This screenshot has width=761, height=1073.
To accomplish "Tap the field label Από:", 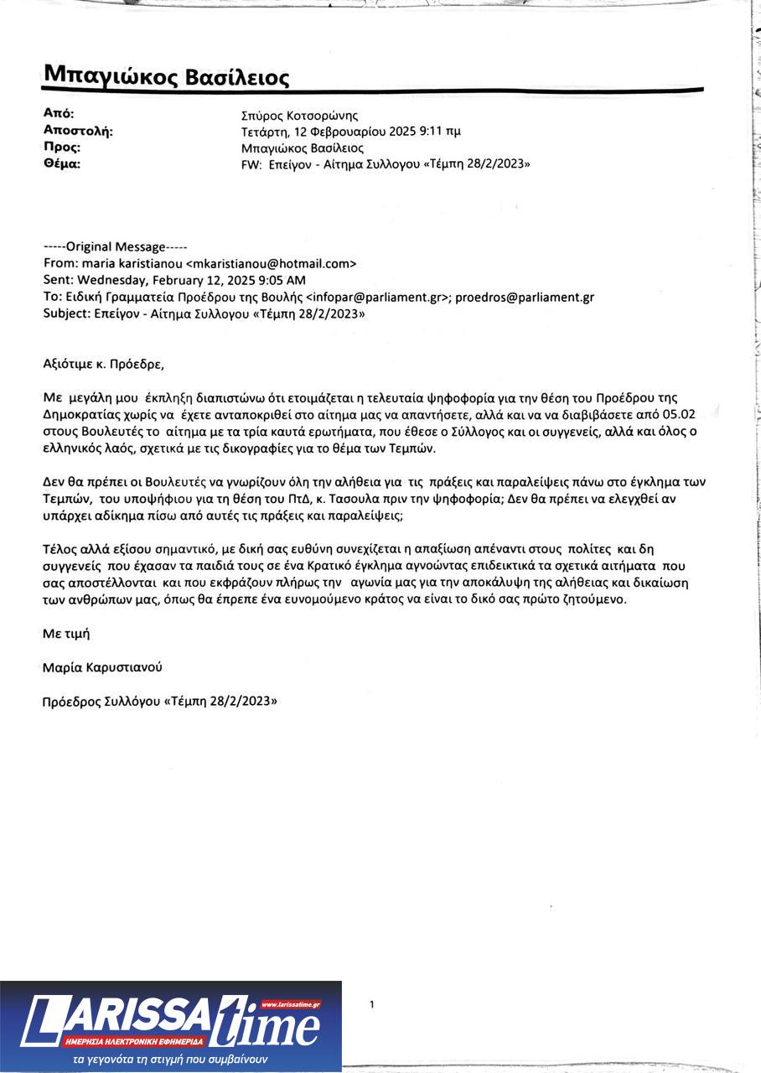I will (59, 113).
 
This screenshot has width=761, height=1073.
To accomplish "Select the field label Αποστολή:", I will (77, 130).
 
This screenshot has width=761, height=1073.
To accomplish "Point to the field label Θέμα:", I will (61, 163).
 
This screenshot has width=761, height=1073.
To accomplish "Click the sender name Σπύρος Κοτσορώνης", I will (299, 116).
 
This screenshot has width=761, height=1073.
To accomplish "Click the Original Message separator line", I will (116, 247).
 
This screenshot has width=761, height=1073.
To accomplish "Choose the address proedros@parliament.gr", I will (525, 297).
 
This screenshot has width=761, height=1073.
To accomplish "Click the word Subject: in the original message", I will (65, 314).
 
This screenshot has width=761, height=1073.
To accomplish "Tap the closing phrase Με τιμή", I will (65, 634).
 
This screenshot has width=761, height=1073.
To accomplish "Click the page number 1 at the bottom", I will (372, 1004).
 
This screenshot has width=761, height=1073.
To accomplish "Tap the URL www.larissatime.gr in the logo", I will (290, 1003).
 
